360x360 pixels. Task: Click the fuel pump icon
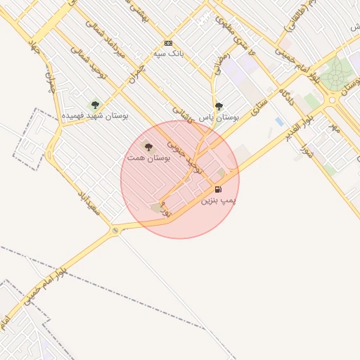coord(218,189)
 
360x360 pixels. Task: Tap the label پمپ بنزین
coord(219,201)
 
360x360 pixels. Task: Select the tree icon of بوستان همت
coord(148,146)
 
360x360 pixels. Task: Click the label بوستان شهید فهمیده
coord(95,115)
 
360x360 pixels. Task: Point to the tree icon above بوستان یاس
coord(219,106)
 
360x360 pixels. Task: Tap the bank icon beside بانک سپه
coord(167,43)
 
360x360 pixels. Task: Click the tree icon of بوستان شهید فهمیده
coord(95,105)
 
